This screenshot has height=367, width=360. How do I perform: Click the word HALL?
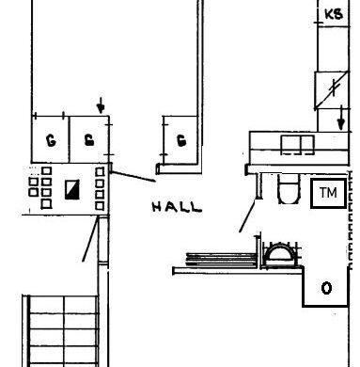click(x=177, y=207)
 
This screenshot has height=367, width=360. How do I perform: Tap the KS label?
click(x=334, y=14)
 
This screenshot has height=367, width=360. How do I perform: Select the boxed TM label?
click(x=329, y=193)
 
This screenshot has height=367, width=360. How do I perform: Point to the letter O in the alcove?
click(x=326, y=288)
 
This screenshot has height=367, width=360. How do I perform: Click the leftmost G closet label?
click(x=51, y=140)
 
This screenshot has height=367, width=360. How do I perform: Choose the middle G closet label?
click(x=89, y=140)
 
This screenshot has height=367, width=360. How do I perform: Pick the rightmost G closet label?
click(x=181, y=140)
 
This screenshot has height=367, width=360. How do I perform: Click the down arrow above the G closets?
click(x=101, y=105)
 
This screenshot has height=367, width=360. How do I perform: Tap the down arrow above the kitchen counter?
click(x=341, y=118)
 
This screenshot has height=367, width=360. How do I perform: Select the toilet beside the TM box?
click(x=289, y=189)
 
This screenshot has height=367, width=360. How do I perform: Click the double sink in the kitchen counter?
click(x=297, y=145)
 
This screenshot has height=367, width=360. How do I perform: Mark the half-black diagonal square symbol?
click(x=72, y=189)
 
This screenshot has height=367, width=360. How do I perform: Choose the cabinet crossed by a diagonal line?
click(x=331, y=90)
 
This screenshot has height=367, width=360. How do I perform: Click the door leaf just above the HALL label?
click(x=133, y=177)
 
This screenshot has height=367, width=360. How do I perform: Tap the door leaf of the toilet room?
click(x=247, y=216)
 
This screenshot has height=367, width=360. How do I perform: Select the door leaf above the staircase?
click(x=90, y=239)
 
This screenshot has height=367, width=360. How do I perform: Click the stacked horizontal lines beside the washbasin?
click(x=222, y=260)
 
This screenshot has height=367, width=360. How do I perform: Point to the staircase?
click(x=61, y=331)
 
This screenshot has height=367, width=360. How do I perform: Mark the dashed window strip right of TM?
click(x=351, y=220)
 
